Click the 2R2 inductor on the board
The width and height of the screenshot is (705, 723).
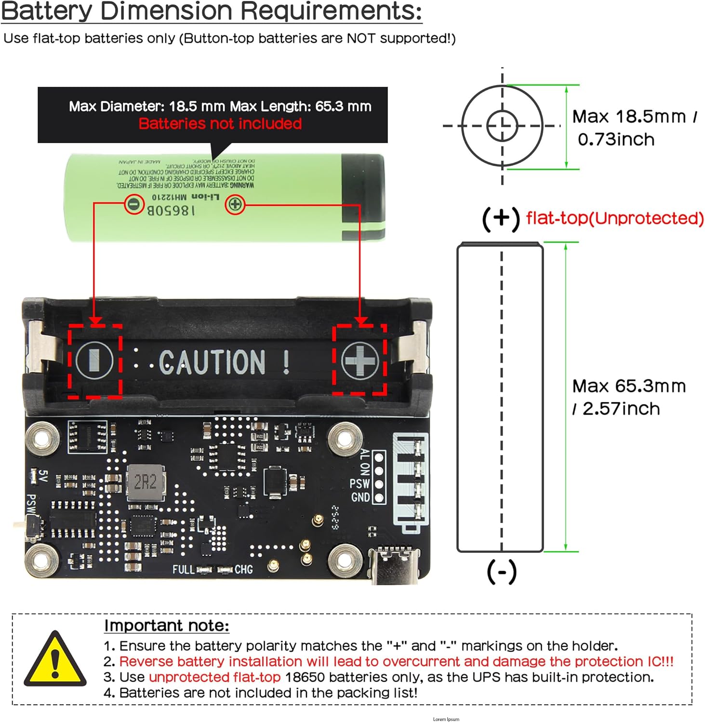[x=146, y=482]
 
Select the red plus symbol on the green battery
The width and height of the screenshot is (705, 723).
[x=235, y=204]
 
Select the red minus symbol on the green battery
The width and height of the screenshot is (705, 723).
[x=134, y=204]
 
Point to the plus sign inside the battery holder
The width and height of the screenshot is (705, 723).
[x=359, y=360]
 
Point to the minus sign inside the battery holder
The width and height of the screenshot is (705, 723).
[x=94, y=360]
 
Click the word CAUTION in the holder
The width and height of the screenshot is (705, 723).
[x=212, y=362]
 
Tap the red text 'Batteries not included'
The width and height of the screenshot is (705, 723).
[x=220, y=124]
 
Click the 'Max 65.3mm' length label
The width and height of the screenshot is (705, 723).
[x=629, y=386]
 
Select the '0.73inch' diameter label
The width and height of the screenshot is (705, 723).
[x=616, y=140]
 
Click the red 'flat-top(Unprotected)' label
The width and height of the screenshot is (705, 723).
[x=615, y=218]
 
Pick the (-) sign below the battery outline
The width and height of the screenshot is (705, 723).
[x=502, y=572]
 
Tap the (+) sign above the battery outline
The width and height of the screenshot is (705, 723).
[x=501, y=218]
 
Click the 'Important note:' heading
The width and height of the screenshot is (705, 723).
[x=167, y=626]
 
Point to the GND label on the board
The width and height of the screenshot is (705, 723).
[x=360, y=497]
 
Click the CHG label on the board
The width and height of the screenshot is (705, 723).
[x=243, y=570]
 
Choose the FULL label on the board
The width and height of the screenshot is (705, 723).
[x=183, y=570]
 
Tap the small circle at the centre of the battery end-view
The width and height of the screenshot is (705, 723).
[x=502, y=126]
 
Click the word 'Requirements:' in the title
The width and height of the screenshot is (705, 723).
[x=331, y=11]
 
